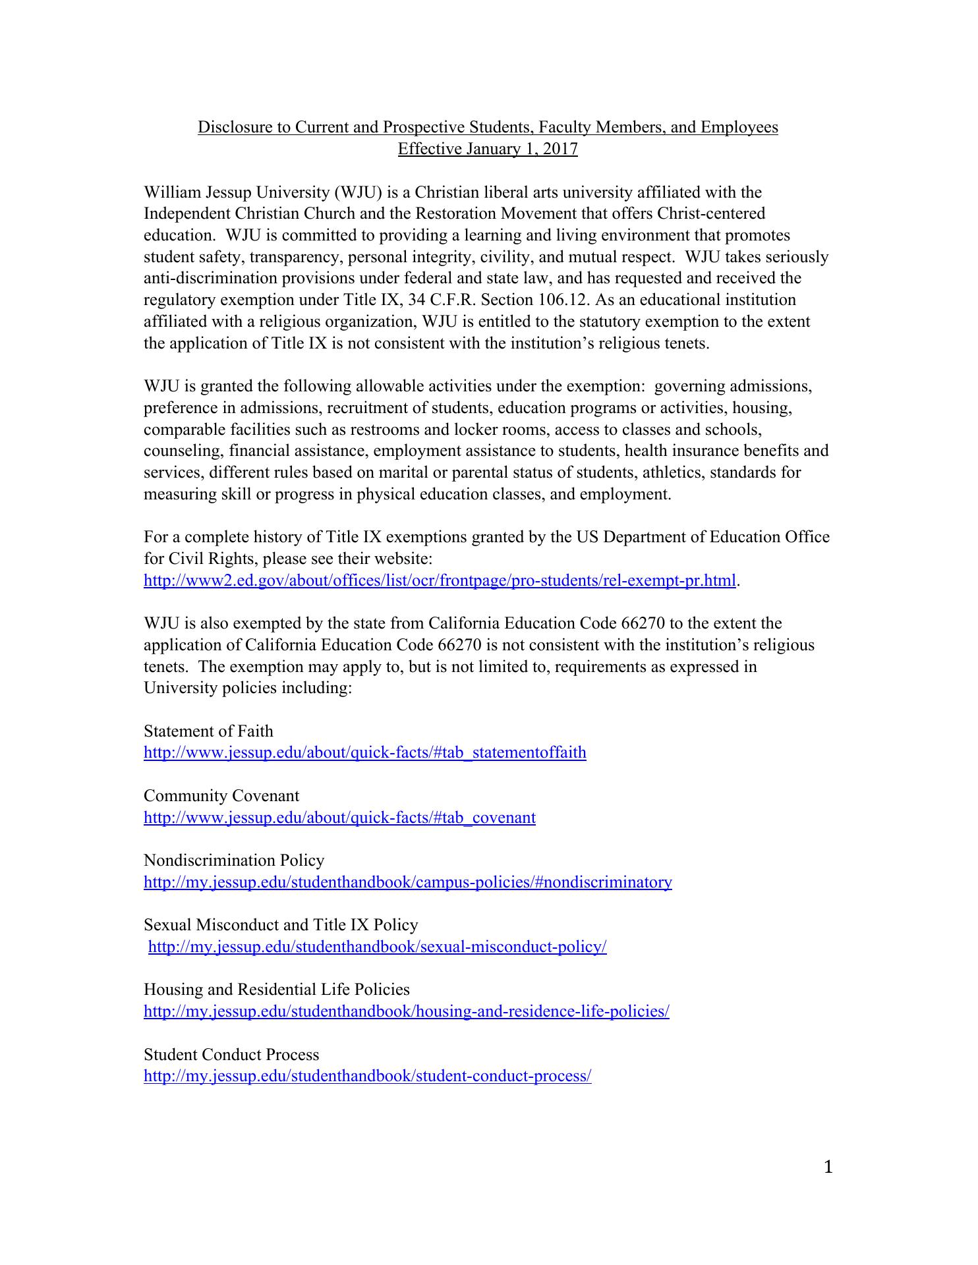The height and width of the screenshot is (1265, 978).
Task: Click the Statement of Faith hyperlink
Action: point(364,752)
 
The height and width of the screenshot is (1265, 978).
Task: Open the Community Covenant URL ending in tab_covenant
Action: point(339,818)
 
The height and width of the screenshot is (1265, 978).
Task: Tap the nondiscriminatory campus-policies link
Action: point(407,882)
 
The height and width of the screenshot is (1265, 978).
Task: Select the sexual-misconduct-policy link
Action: point(377,947)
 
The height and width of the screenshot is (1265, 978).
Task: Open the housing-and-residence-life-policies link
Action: point(406,1011)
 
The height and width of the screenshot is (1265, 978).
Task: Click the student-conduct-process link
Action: point(367,1076)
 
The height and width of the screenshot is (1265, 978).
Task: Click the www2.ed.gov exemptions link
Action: point(439,580)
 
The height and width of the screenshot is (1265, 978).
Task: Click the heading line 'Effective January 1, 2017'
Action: point(488,149)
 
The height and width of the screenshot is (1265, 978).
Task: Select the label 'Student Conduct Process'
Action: point(231,1054)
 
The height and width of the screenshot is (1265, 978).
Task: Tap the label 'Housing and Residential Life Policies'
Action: point(277,990)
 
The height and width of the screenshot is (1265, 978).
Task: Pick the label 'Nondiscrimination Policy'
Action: point(234,860)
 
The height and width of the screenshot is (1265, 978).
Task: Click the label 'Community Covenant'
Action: point(221,796)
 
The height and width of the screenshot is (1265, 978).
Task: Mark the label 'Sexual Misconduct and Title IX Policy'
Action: point(281,925)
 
